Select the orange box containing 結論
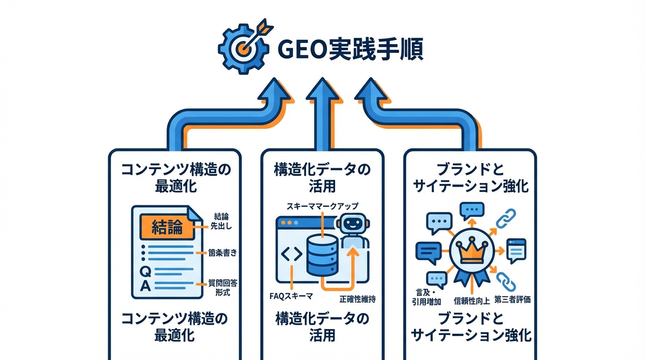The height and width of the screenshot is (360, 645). coord(167,226)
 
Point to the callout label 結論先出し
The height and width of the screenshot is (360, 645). coord(222,220)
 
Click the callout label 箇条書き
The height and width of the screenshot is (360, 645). coord(223,253)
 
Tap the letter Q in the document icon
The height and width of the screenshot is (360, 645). coord(146,271)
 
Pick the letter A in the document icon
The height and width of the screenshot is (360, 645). coord(146,285)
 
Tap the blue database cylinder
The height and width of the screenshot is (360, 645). coord(322,255)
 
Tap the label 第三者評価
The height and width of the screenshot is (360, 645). coord(512,299)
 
